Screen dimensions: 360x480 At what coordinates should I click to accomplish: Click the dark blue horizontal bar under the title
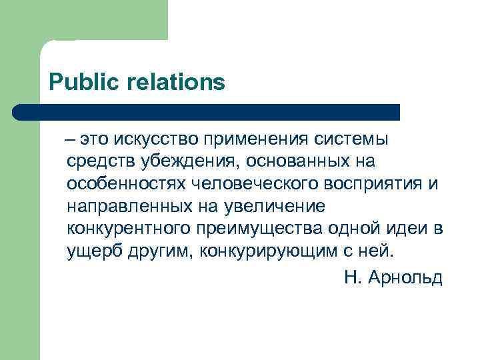[207, 112]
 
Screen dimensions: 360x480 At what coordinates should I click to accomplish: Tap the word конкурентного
[128, 230]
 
